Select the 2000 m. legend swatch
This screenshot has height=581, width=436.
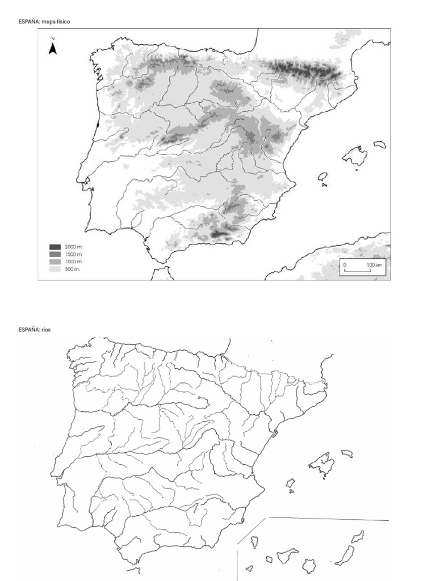[x=55, y=247]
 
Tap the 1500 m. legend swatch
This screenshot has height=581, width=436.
[x=55, y=254]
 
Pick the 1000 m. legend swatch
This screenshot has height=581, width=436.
[x=55, y=262]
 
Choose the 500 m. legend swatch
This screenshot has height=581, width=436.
[x=55, y=269]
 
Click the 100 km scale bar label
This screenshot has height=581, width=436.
[x=374, y=265]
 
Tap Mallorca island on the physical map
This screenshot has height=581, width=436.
[x=355, y=155]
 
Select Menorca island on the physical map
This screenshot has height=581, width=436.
[x=380, y=144]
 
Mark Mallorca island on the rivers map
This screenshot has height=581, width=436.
[x=321, y=465]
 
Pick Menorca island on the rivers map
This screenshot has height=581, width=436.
[x=346, y=453]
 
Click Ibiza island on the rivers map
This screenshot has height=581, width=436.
[x=290, y=483]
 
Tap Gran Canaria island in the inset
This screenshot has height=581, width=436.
[x=309, y=565]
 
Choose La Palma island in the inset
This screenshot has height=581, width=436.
[x=254, y=542]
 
